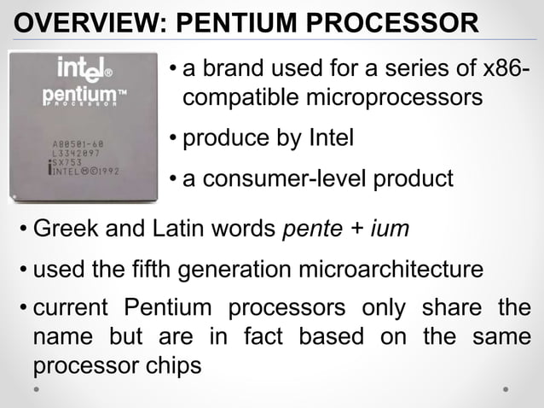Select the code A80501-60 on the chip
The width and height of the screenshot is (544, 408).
pyautogui.click(x=78, y=144)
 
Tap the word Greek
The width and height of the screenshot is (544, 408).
pyautogui.click(x=64, y=229)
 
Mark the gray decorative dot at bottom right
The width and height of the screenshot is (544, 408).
pyautogui.click(x=506, y=388)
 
